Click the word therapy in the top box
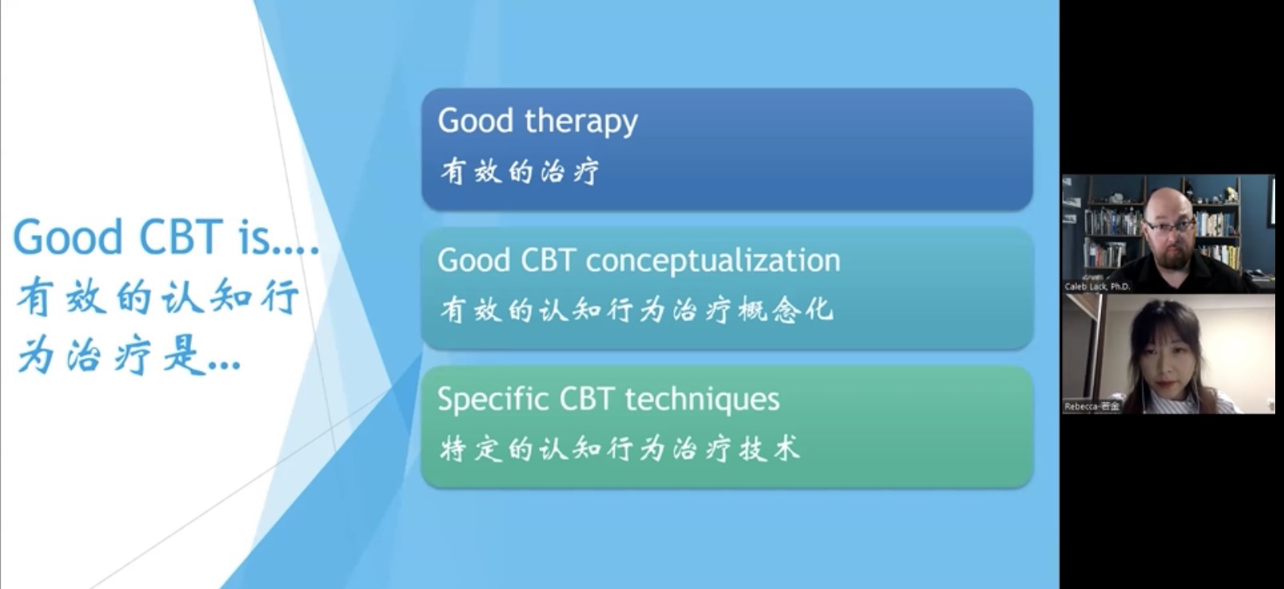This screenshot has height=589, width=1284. click(581, 121)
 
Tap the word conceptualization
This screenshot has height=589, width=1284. click(713, 261)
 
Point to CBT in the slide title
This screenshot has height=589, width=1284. click(180, 237)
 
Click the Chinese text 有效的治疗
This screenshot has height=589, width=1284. click(519, 171)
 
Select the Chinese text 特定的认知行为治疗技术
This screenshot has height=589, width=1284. click(619, 448)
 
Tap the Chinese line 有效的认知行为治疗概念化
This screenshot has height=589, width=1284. click(636, 310)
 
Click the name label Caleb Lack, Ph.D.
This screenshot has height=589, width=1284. click(1097, 286)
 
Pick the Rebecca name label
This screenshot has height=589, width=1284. click(1092, 406)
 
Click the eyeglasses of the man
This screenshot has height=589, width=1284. click(1169, 226)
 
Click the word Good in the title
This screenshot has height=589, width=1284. click(68, 237)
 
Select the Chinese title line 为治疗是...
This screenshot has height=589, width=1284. click(129, 356)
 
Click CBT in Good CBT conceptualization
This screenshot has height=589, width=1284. click(548, 261)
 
